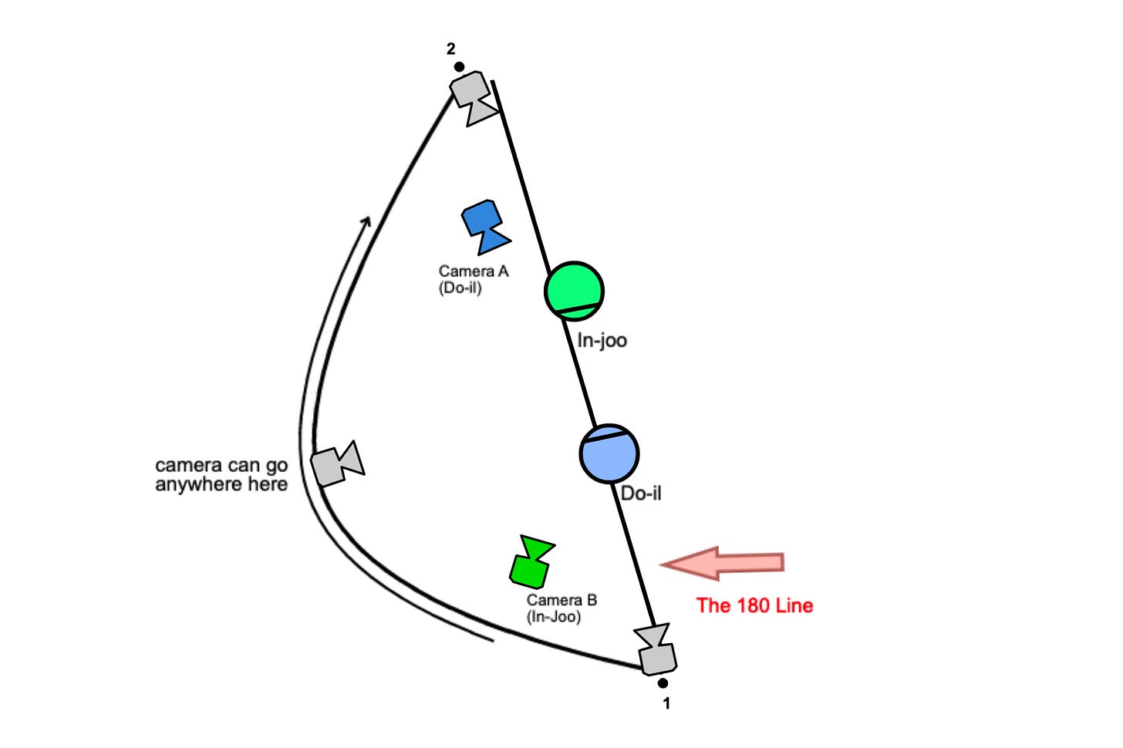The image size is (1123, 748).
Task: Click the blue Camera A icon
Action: (484, 226)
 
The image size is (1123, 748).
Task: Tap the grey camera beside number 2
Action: (473, 98)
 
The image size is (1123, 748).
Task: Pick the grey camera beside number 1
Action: (656, 649)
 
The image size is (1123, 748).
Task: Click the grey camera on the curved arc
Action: (337, 463)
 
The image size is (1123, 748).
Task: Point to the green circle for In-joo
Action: (574, 291)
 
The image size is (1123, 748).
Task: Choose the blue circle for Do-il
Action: (609, 453)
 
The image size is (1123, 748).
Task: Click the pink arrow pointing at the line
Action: (723, 563)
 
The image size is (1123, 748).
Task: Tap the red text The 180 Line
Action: (754, 605)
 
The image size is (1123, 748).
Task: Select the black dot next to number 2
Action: (459, 67)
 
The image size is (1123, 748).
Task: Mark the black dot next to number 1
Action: (663, 683)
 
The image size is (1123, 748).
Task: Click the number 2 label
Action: (451, 49)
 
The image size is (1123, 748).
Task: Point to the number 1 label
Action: (667, 703)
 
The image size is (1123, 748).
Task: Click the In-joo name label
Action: (602, 340)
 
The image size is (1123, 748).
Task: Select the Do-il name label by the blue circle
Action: (641, 493)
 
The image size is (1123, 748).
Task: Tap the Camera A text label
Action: (474, 271)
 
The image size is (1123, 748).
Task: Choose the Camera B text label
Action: (561, 600)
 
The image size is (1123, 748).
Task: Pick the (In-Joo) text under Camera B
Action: (554, 617)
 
